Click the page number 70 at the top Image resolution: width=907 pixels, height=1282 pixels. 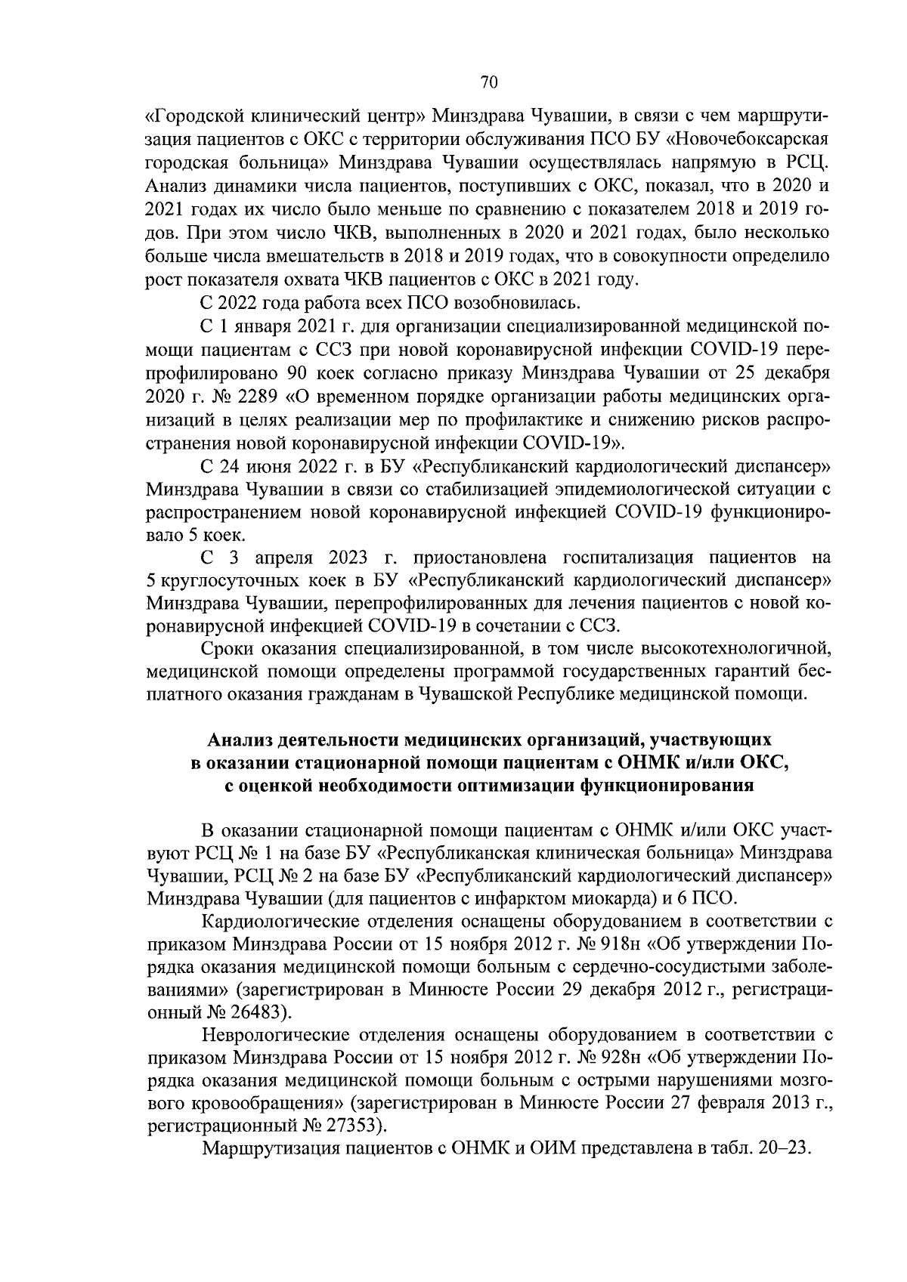pos(488,82)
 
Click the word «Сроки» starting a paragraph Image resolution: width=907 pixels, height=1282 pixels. pos(227,648)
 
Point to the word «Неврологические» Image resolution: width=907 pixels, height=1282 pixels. pos(274,1035)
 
